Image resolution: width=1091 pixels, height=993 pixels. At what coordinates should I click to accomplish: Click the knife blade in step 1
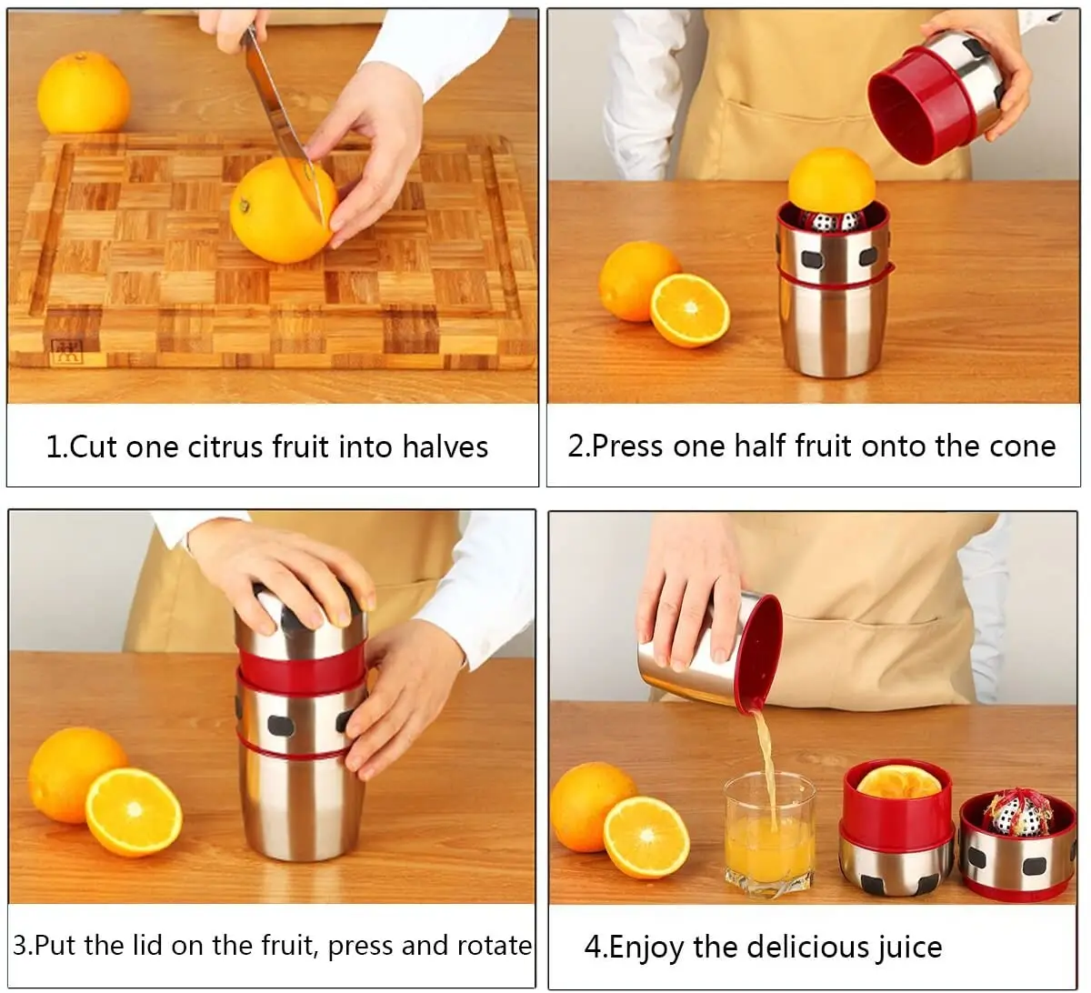coord(273,100)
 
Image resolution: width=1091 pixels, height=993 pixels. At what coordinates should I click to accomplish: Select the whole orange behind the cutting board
coord(84,92)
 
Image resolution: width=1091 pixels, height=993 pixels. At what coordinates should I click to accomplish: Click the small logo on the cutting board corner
coord(65,350)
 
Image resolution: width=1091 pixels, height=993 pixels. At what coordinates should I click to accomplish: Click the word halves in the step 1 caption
coord(445,447)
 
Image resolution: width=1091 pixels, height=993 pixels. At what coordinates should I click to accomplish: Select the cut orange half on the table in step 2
coord(690,309)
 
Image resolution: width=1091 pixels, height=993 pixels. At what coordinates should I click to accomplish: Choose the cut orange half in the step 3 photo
coord(134,812)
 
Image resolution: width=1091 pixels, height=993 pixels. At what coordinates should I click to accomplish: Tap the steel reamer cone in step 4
coord(1016,814)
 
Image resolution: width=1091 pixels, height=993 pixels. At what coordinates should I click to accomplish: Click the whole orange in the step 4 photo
coord(591,805)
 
